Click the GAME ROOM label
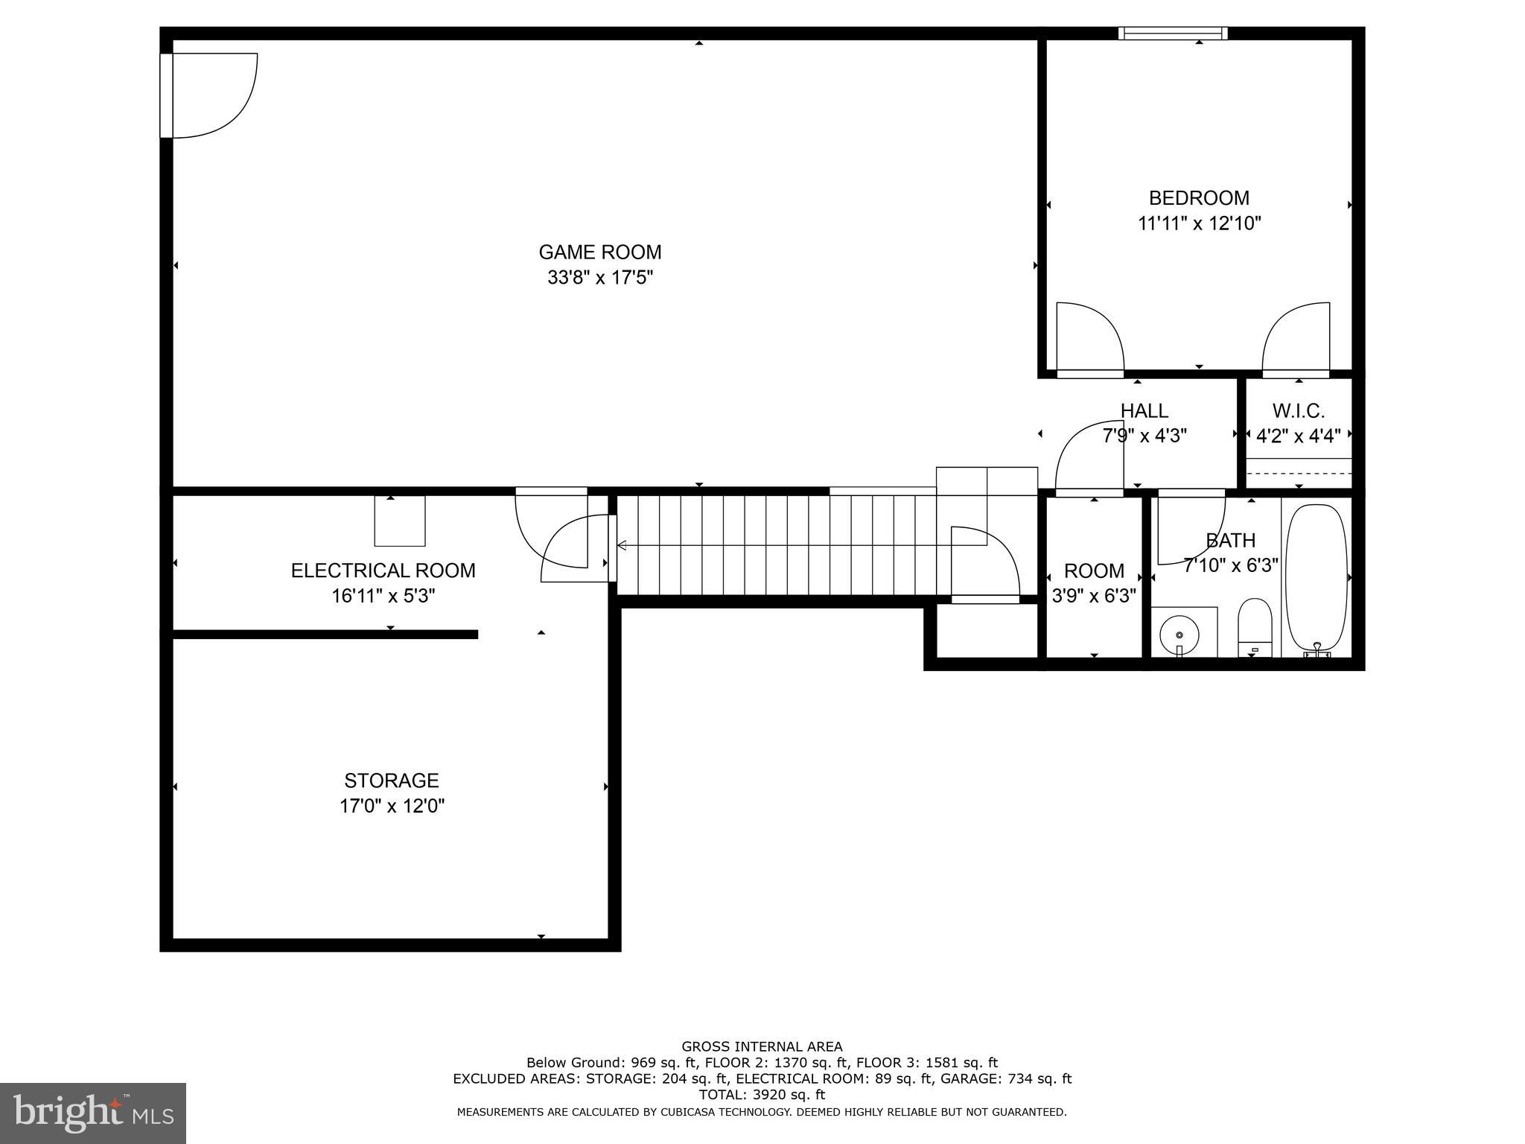599,252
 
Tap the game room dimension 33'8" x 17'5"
599,278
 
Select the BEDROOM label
1199,198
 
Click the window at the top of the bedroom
1174,33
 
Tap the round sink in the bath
1179,635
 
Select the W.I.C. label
1298,410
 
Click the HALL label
1144,410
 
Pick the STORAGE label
391,781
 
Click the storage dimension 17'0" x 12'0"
392,806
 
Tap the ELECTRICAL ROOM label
383,571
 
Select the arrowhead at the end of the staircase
622,546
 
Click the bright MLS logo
93,1113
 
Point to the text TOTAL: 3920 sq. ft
762,1094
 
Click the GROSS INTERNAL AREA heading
762,1046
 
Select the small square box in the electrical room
399,521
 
